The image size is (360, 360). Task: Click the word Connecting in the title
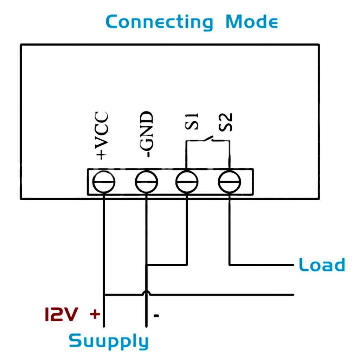(x=159, y=22)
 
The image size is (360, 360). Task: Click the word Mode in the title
(x=252, y=22)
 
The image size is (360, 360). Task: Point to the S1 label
(x=193, y=121)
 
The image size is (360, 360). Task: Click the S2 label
(x=226, y=122)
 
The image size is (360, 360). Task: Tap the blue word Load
(x=321, y=265)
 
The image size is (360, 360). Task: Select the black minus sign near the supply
(x=156, y=315)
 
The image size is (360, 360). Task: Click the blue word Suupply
(x=108, y=341)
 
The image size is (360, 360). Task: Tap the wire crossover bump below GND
(x=146, y=292)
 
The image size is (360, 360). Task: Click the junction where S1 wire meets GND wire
(x=147, y=264)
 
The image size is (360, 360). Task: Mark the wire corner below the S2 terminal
(x=230, y=264)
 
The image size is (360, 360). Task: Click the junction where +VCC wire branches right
(x=104, y=295)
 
